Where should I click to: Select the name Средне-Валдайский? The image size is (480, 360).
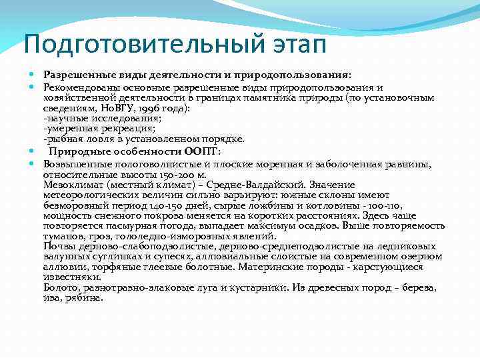[256, 185]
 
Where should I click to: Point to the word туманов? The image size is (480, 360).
[64, 236]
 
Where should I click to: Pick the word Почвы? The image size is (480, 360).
[59, 247]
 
